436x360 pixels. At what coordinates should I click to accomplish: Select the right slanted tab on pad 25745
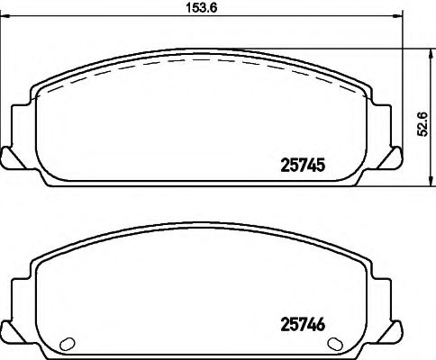(x=393, y=157)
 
